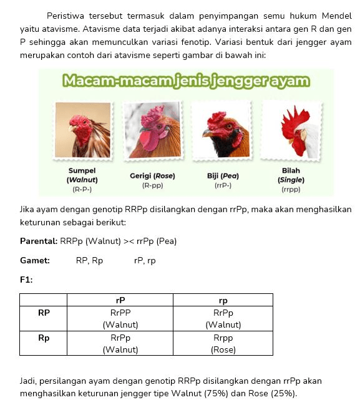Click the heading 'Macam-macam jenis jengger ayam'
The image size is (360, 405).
pyautogui.click(x=186, y=81)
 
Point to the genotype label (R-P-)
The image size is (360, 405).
pyautogui.click(x=82, y=188)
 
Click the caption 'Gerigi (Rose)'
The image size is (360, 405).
pyautogui.click(x=152, y=176)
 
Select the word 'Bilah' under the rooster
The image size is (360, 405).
pyautogui.click(x=291, y=170)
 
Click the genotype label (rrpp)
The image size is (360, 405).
pyautogui.click(x=291, y=188)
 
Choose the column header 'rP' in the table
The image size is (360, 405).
pyautogui.click(x=120, y=300)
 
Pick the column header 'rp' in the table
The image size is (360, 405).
pyautogui.click(x=223, y=300)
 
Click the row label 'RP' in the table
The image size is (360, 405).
pyautogui.click(x=44, y=313)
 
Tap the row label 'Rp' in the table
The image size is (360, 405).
pyautogui.click(x=44, y=338)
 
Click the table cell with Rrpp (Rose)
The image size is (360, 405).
pyautogui.click(x=223, y=343)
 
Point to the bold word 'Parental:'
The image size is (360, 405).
pyautogui.click(x=39, y=241)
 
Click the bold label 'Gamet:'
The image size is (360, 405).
pyautogui.click(x=35, y=260)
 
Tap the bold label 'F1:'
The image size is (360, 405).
pyautogui.click(x=26, y=280)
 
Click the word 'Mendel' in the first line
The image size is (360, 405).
pyautogui.click(x=336, y=15)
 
